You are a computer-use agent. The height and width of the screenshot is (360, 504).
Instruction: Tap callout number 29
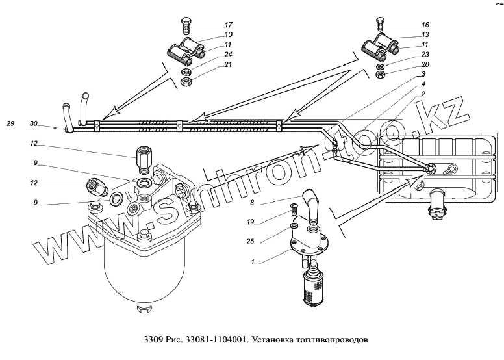(10, 123)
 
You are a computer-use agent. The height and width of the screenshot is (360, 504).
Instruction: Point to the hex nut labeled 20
(382, 75)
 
